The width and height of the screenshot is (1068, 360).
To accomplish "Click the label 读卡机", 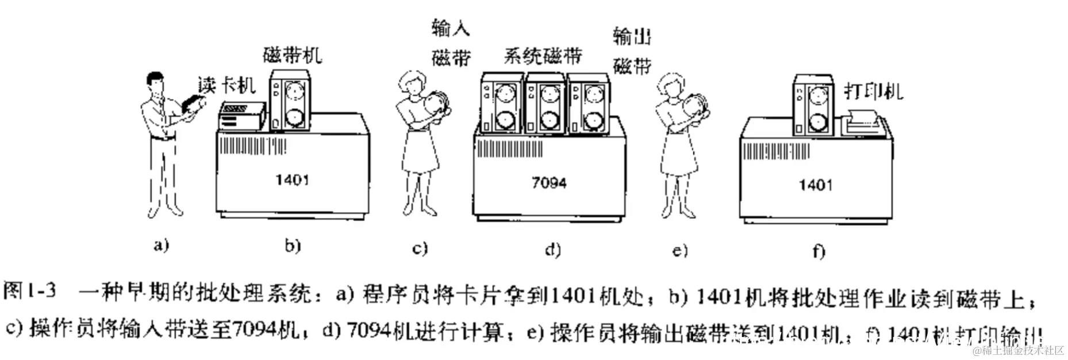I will (226, 85).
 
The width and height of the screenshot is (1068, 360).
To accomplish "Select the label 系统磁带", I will (543, 55).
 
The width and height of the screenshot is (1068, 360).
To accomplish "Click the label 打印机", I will (873, 91).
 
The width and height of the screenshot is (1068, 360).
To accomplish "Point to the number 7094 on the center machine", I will (548, 183).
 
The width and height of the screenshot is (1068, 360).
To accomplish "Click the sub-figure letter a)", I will (162, 246).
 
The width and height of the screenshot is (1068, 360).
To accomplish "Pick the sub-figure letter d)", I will (552, 249).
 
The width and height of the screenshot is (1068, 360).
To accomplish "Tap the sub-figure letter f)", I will (819, 251).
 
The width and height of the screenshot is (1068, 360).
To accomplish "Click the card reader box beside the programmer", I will (241, 116).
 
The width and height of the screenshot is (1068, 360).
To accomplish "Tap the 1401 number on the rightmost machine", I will (815, 185).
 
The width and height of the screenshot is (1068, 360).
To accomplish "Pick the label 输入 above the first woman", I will (450, 27).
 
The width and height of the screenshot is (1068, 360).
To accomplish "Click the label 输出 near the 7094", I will (631, 37).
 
